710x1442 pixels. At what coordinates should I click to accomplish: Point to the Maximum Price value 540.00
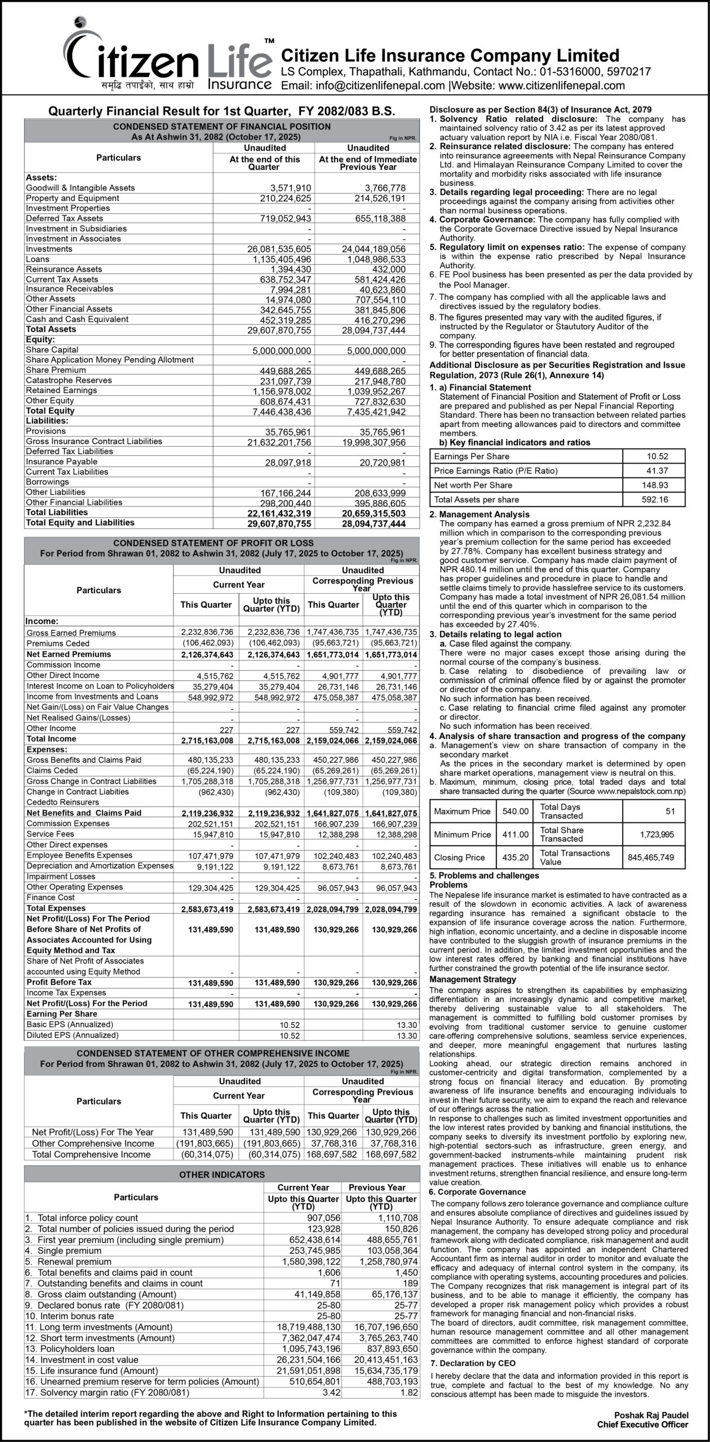click(x=516, y=811)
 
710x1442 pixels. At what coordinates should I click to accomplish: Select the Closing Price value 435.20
click(x=516, y=857)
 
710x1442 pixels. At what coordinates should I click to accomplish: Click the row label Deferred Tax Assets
click(x=64, y=219)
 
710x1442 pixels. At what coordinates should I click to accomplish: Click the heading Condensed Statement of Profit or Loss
click(x=221, y=544)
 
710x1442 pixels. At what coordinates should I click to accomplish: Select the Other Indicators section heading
click(x=221, y=1175)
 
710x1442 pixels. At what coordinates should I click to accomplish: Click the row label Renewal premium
click(x=74, y=1262)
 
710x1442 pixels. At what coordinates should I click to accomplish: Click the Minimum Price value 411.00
click(x=516, y=834)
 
